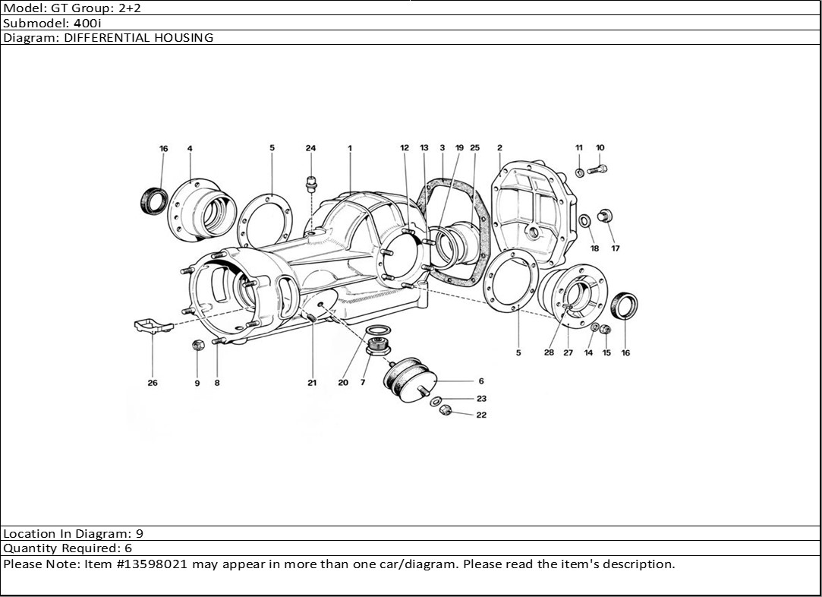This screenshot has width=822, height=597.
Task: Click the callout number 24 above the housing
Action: [310, 148]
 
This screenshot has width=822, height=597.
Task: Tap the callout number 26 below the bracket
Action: [153, 383]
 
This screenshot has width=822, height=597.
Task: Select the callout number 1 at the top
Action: [350, 148]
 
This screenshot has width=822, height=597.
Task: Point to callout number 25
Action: [475, 148]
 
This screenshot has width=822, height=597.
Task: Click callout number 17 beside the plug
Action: [616, 248]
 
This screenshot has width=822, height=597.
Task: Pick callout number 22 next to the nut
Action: [481, 415]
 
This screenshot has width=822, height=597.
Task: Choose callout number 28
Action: [549, 352]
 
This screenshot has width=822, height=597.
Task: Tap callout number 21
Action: [312, 383]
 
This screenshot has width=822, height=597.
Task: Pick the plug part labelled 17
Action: [606, 215]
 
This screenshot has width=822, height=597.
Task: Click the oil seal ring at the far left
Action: [155, 200]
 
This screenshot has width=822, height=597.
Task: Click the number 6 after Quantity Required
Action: [128, 548]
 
